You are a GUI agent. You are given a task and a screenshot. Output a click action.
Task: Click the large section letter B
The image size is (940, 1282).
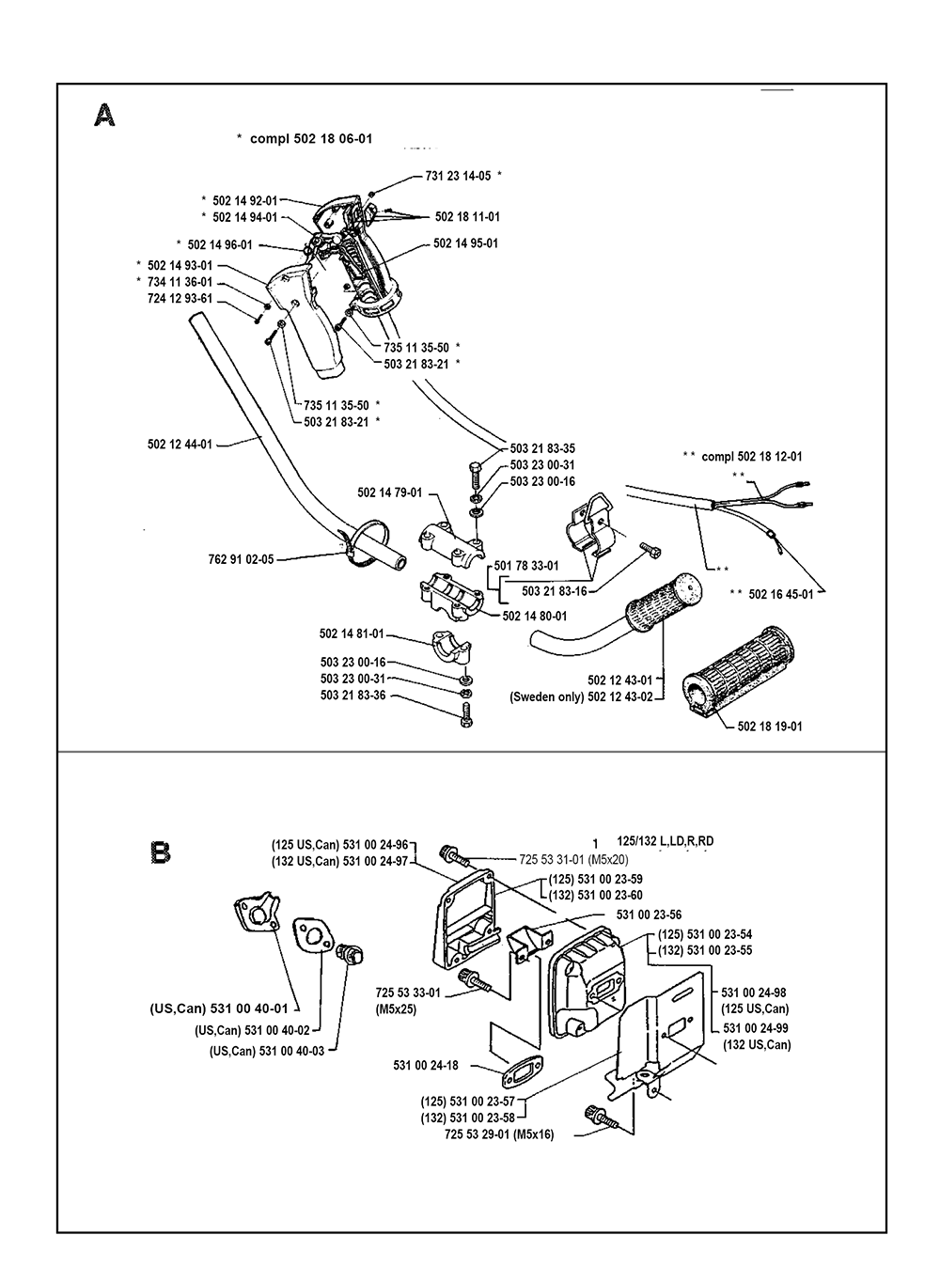[161, 853]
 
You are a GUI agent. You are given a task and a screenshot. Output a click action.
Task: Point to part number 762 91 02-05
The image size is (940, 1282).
[241, 558]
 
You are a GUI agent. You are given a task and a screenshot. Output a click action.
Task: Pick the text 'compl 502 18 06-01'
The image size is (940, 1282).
[311, 138]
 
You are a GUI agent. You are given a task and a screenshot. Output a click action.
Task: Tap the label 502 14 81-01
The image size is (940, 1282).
[352, 634]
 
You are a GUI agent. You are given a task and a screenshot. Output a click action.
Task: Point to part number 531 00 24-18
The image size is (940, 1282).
[426, 1065]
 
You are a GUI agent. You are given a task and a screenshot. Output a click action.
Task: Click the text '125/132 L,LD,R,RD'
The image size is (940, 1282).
[666, 841]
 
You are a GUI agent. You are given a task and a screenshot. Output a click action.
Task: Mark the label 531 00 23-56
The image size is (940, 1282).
[648, 914]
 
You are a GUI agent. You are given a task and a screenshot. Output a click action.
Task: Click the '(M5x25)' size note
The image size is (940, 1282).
[396, 1009]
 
